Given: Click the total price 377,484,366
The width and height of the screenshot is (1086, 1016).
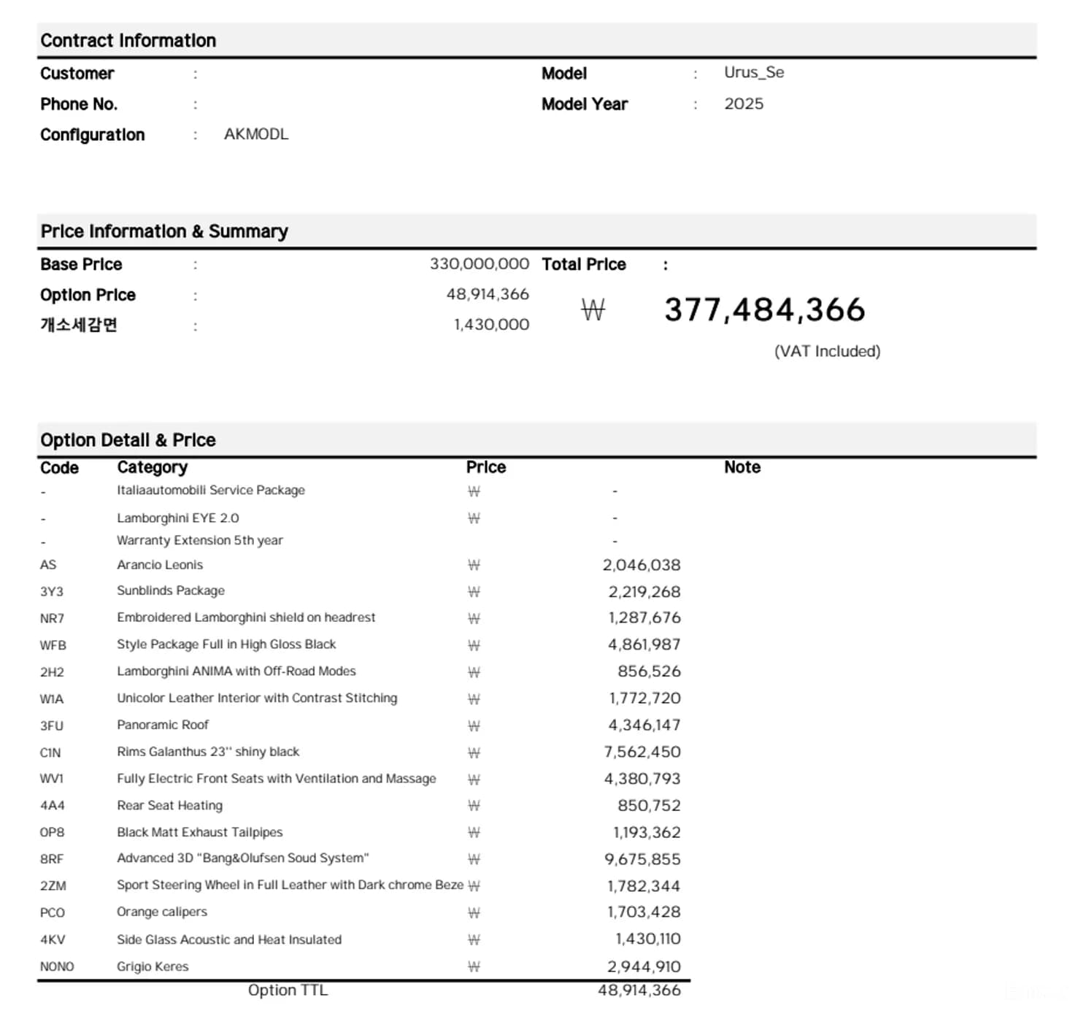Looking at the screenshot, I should tap(764, 309).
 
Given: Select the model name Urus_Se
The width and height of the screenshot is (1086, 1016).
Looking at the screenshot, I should tap(754, 72).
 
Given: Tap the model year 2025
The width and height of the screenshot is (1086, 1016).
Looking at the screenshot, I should tap(744, 104).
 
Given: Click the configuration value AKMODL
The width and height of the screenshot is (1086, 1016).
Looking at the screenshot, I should tap(256, 134).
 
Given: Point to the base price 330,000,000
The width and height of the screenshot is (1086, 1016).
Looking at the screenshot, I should tap(479, 263).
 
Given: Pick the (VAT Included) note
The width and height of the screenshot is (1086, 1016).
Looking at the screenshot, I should tap(827, 351).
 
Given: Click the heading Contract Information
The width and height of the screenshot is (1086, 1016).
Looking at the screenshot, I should tap(128, 41).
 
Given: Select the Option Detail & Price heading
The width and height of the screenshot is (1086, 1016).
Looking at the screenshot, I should tap(128, 440).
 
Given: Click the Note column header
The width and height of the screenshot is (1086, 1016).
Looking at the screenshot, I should tap(742, 467).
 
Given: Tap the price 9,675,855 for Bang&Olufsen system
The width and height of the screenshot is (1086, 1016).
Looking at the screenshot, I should tap(642, 859).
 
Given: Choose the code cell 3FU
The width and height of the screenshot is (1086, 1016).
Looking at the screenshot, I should tap(52, 726).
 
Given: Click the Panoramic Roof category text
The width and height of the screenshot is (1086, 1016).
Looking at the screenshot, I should tap(163, 725).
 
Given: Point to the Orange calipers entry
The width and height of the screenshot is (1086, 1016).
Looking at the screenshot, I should tap(162, 912).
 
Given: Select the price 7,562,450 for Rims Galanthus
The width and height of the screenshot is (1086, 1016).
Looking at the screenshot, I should tap(642, 752).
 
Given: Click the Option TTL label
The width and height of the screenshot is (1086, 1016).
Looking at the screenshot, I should tap(288, 990).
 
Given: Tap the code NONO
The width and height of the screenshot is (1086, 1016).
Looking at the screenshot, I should tap(57, 966).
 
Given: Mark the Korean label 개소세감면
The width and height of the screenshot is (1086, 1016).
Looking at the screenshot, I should tap(79, 325).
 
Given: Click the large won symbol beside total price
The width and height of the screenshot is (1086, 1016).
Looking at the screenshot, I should tap(593, 310).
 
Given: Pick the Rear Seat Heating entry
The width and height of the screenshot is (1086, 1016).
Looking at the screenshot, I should tap(170, 805).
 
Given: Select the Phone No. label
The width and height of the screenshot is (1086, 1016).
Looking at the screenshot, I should tap(79, 104).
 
